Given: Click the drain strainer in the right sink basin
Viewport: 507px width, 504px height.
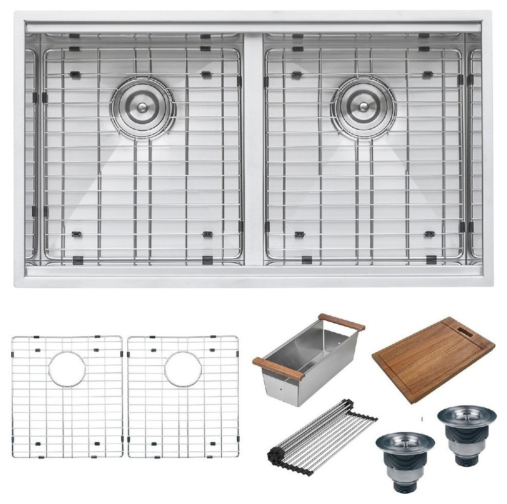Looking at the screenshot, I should coord(363,107).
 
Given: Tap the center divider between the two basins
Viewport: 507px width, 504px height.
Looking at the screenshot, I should coord(253,149).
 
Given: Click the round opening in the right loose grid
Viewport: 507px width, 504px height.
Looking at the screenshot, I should coord(182,368).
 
